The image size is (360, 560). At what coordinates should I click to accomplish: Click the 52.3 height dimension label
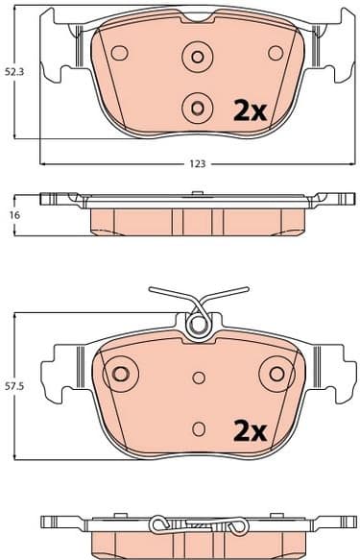tap(13, 71)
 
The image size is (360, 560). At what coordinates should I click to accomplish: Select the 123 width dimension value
tap(197, 164)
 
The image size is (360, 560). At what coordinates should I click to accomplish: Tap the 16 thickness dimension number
tap(13, 215)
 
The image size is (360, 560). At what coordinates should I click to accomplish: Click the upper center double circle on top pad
tap(199, 57)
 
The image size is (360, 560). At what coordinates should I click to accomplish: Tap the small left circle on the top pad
tap(119, 52)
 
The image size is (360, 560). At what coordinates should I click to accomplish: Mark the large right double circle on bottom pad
tap(278, 372)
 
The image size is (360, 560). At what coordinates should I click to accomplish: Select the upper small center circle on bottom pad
tap(199, 377)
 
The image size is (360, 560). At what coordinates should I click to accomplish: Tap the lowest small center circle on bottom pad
tap(199, 427)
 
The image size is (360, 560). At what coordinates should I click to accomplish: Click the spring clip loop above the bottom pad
tap(199, 325)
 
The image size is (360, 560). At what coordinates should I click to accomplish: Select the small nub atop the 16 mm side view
tap(196, 194)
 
